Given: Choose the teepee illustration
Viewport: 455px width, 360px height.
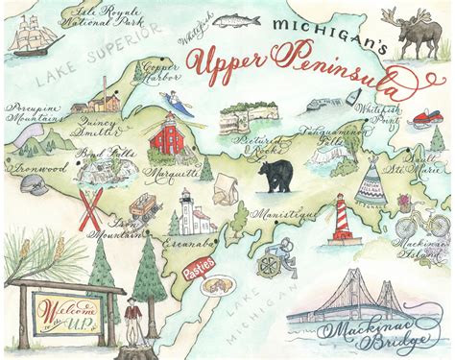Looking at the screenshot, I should (x=371, y=181).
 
